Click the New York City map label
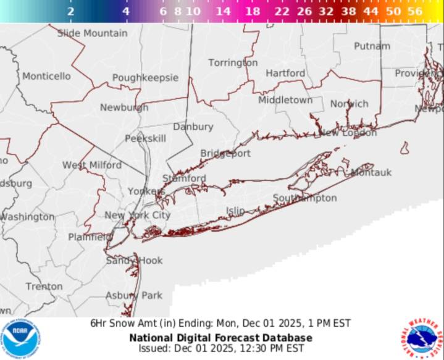137,215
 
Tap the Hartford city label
285,73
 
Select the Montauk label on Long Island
371,173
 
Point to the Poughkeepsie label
145,78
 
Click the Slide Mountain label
93,33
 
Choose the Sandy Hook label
134,260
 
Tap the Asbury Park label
134,295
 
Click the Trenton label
44,287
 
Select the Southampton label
305,198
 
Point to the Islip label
235,211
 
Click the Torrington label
233,62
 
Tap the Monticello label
46,76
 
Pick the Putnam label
372,46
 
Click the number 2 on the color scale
70,11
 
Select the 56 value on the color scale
415,11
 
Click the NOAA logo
20,339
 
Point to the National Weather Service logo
424,339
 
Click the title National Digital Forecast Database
220,338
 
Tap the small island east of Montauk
404,148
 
